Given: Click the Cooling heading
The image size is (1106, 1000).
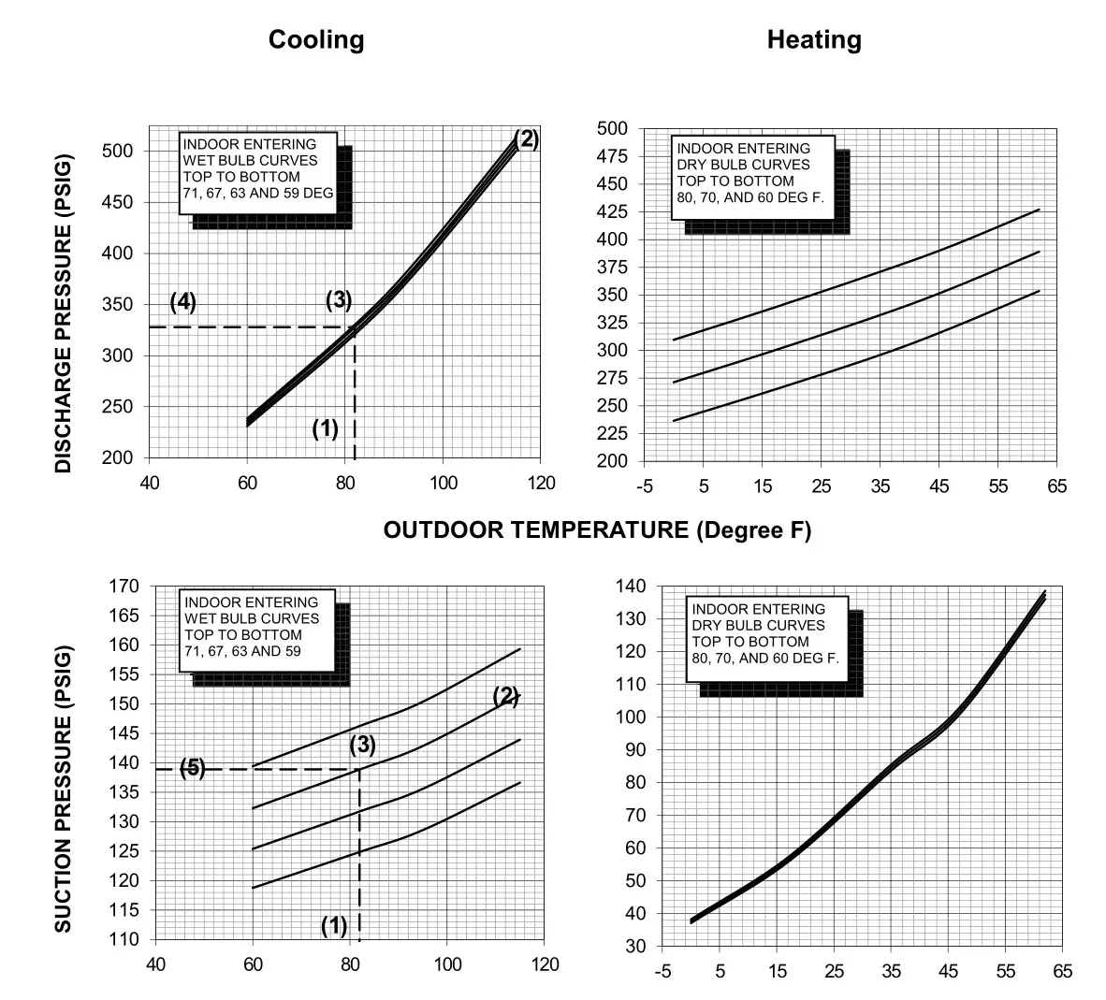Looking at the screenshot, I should point(316,40).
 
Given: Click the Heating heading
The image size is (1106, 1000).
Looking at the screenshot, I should point(814,40).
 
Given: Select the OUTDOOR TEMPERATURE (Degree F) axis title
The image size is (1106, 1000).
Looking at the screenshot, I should point(597,530).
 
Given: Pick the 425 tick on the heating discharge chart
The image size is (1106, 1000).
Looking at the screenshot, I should point(613,212).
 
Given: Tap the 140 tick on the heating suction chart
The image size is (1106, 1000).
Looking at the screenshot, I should point(632,587).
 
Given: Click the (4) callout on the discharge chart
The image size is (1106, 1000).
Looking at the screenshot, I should point(183,302).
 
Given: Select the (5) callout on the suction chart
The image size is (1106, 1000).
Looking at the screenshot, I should point(193,768).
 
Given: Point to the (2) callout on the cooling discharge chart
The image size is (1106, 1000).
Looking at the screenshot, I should point(526,139).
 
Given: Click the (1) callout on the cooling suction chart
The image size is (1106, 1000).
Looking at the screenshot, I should point(334,926).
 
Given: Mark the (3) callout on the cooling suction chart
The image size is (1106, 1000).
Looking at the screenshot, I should point(362,746).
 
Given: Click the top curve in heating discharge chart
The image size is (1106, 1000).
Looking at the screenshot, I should point(842,280).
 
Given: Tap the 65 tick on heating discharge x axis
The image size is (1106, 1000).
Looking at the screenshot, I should point(1057,486).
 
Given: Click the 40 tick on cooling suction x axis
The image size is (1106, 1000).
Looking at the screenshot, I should point(155,964).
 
